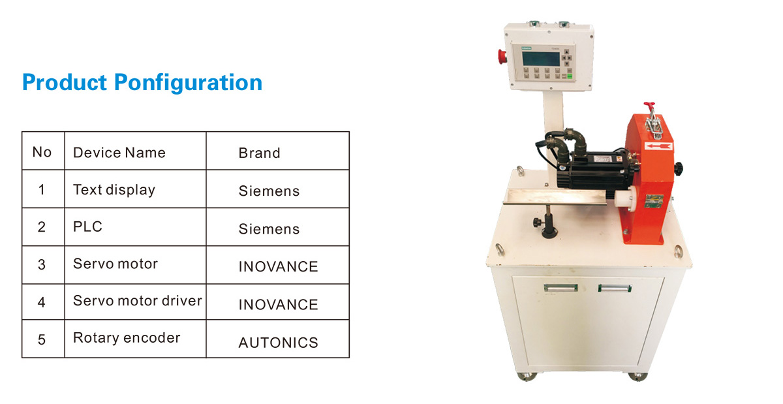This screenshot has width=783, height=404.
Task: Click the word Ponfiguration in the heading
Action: click(x=188, y=83)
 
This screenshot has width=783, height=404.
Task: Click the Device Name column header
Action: click(x=119, y=153)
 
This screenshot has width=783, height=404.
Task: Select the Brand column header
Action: click(x=260, y=153)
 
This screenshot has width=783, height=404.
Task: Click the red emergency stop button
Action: click(x=502, y=57)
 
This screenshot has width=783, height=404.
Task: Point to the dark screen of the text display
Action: click(x=541, y=59)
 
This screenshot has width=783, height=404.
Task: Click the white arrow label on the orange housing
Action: click(x=658, y=146)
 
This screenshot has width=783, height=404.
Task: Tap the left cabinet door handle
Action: click(x=560, y=288)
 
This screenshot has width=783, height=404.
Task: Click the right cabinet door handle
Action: click(x=615, y=288)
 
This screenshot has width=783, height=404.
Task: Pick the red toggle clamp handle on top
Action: click(x=649, y=106)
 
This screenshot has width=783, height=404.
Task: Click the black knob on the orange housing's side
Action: click(x=678, y=169)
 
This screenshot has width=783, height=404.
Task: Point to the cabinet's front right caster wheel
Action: click(x=637, y=377)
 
